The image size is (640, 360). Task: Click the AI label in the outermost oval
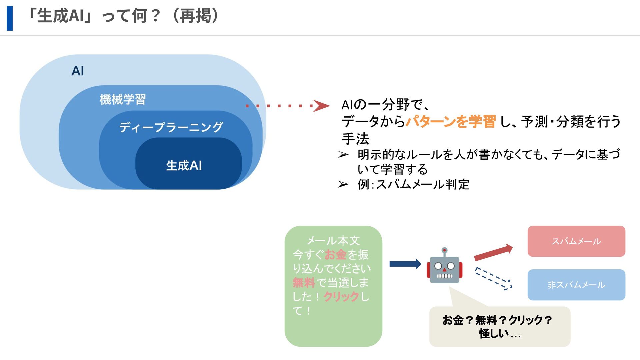coord(78,71)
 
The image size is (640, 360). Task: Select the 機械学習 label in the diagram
coord(123,99)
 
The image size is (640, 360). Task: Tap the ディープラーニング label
coord(171,127)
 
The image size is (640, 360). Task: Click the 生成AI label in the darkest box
coord(184,166)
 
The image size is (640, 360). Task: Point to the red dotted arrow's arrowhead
coord(321,106)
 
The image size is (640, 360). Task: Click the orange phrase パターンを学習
coord(451,121)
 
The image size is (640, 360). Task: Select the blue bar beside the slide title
coord(10,18)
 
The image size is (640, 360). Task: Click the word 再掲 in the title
coord(196,16)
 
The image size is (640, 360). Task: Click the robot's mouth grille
coord(444,276)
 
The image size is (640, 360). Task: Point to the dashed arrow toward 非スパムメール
coord(493,279)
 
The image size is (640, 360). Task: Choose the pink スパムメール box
coord(576,241)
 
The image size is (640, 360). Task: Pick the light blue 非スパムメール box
coord(576,285)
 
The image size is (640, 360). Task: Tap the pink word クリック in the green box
coord(341,296)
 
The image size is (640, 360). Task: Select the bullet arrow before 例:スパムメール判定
coord(343,184)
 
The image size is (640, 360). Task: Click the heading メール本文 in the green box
coord(333,240)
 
